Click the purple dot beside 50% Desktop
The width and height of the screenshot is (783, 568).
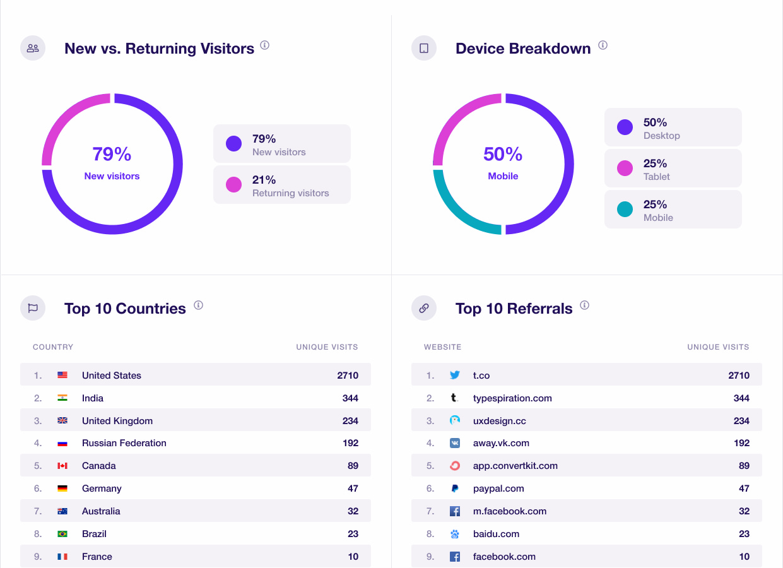[x=625, y=127]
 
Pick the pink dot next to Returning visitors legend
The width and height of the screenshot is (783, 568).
[x=233, y=184]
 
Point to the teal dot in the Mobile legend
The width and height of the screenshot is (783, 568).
[x=625, y=210]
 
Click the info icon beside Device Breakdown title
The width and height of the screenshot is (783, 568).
[x=603, y=45]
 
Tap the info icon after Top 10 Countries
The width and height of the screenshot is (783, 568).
[x=198, y=305]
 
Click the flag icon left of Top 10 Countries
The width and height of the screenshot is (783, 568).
[x=33, y=308]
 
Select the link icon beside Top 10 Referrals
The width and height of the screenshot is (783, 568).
[x=424, y=308]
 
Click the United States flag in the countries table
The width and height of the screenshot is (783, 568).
[x=62, y=375]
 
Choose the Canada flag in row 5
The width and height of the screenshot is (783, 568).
[x=62, y=466]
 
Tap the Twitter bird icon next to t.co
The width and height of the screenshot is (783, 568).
[x=455, y=375]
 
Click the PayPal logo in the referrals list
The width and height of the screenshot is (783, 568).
[x=455, y=488]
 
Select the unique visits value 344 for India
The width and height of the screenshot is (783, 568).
[x=350, y=398]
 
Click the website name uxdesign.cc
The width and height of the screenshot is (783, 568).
[x=499, y=421]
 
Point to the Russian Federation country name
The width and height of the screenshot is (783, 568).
[x=124, y=443]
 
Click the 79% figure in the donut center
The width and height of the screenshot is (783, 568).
[x=112, y=154]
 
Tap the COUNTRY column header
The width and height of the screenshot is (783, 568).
[x=53, y=347]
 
